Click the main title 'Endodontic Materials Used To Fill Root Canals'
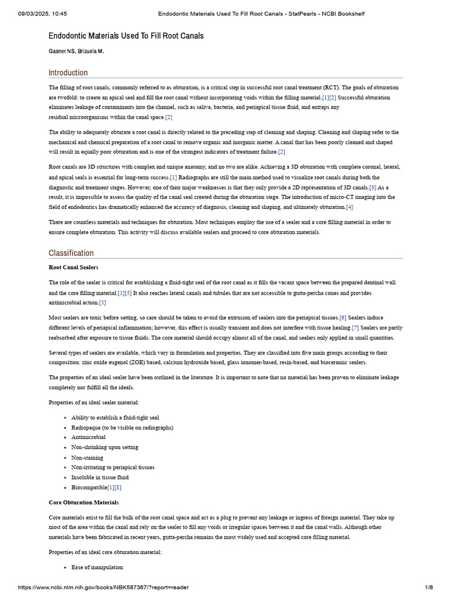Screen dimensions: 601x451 pyautogui.click(x=126, y=36)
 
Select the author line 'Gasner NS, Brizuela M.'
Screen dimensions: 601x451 pyautogui.click(x=76, y=52)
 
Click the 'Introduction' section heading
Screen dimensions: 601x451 pyautogui.click(x=68, y=73)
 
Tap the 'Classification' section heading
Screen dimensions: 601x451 pyautogui.click(x=70, y=253)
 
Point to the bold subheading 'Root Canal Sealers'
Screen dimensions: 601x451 pyautogui.click(x=73, y=267)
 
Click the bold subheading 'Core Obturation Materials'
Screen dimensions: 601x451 pyautogui.click(x=83, y=502)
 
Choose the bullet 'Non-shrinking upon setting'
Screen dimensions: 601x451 pyautogui.click(x=105, y=447)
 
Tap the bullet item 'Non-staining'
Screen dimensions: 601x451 pyautogui.click(x=87, y=457)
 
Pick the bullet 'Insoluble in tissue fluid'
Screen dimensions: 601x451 pyautogui.click(x=100, y=477)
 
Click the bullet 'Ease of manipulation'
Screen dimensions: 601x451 pyautogui.click(x=97, y=567)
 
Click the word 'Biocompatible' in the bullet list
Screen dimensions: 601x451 pyautogui.click(x=89, y=487)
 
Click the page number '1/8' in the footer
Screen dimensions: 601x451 pyautogui.click(x=429, y=588)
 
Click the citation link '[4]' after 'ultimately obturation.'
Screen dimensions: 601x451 pyautogui.click(x=349, y=207)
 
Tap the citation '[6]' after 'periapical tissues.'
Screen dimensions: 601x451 pyautogui.click(x=343, y=318)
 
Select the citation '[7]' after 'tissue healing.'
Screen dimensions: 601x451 pyautogui.click(x=355, y=327)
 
